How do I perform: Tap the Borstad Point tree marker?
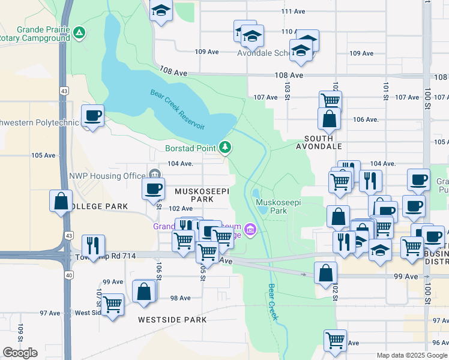point(226,147)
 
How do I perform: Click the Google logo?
point(20,353)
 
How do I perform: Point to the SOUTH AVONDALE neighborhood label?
point(319,146)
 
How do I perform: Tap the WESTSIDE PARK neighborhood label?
point(172,320)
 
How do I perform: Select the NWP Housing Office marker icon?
point(155,175)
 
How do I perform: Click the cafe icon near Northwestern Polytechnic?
point(92,115)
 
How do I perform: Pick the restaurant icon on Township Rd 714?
point(93,245)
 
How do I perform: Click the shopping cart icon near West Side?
point(113,304)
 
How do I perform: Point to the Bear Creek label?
point(273,302)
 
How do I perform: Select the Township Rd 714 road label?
point(106,256)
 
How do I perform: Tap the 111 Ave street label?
point(293,11)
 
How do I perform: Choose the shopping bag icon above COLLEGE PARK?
point(61,200)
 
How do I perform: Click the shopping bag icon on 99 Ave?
point(325,272)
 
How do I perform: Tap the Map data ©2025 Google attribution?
point(412,355)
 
